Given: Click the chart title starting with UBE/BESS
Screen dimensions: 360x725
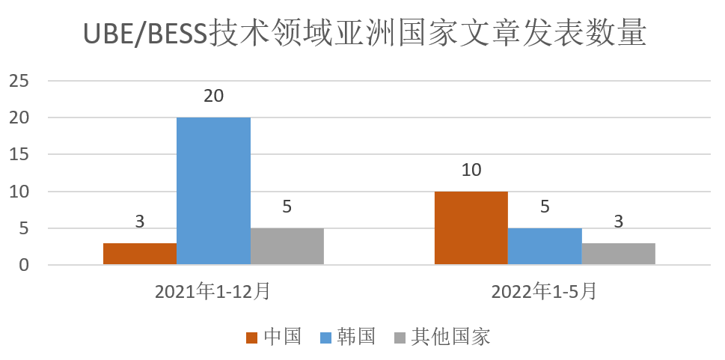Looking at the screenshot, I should click(362, 34).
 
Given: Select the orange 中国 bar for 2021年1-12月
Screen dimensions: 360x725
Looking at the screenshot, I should click(140, 254).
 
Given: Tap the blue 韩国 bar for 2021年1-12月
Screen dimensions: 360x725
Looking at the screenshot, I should click(213, 191).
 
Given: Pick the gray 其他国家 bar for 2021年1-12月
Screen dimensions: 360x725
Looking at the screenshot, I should click(287, 246).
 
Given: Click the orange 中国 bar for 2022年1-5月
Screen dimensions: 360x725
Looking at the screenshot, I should click(471, 228).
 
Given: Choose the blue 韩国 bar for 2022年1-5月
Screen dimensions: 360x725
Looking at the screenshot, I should click(545, 246).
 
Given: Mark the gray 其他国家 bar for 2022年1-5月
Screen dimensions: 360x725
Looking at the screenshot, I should click(619, 254).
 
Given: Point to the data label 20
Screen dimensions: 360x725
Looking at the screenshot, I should click(213, 97).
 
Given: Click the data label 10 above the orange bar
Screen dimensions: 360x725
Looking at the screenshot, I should click(471, 170).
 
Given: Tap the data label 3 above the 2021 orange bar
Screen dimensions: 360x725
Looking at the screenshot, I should click(140, 222).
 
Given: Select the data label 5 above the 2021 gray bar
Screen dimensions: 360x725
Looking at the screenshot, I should click(287, 207).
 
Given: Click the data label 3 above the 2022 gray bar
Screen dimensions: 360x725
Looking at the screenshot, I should click(619, 222).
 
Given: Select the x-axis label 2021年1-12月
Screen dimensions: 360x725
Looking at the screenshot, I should click(212, 292).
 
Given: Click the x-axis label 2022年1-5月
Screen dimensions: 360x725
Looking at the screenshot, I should click(544, 292).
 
